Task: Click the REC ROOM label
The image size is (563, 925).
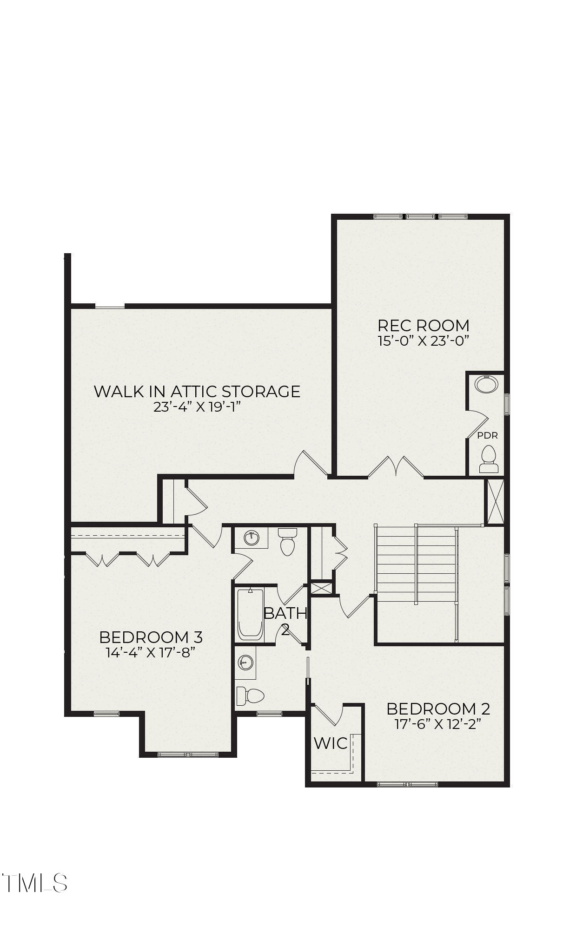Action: click(423, 325)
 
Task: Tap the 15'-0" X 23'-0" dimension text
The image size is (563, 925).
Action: click(423, 341)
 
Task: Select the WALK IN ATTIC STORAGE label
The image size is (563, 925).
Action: click(197, 391)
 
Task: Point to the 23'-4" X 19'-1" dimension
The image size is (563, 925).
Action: click(197, 407)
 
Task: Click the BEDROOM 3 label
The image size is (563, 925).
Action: click(151, 637)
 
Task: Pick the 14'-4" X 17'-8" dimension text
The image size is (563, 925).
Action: click(150, 652)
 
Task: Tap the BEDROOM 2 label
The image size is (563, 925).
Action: click(438, 709)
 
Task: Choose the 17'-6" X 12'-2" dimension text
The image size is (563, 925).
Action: click(438, 724)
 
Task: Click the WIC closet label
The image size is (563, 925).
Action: click(331, 743)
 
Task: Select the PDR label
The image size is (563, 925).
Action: click(487, 436)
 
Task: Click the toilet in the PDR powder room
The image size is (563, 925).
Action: click(488, 459)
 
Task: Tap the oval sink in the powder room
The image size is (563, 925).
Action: click(486, 385)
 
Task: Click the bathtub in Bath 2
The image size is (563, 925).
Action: click(251, 614)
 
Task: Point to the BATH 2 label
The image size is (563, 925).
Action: click(285, 621)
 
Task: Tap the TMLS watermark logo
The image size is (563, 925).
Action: click(35, 883)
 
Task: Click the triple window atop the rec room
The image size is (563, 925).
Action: click(421, 216)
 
